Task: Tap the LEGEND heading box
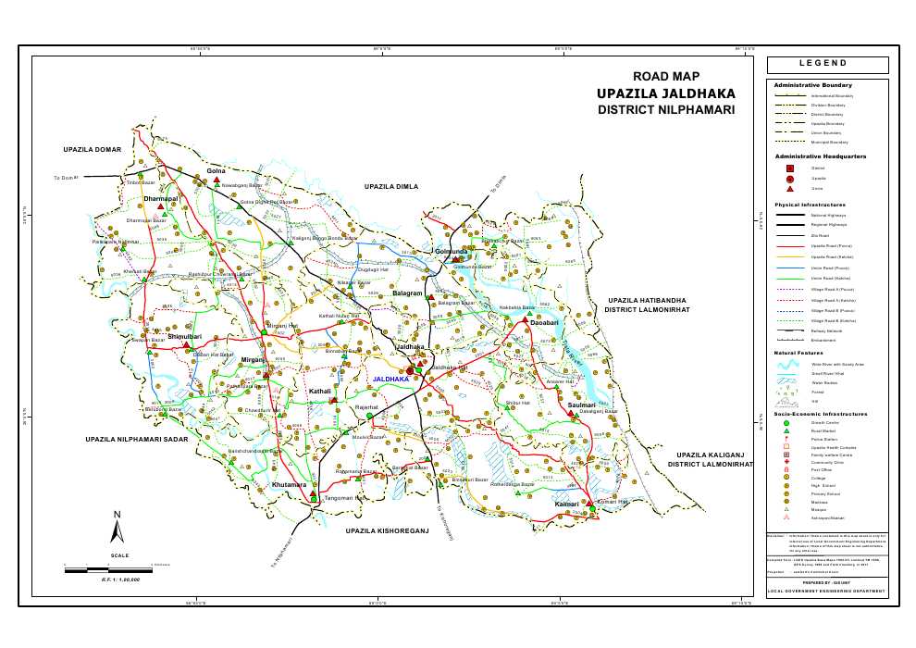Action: (826, 65)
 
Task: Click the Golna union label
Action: (217, 171)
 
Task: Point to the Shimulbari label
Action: (185, 337)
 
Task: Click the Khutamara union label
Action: (290, 484)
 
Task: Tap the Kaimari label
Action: (566, 504)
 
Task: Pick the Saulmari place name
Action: (582, 405)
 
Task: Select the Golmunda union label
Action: (452, 251)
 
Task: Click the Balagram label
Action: (407, 293)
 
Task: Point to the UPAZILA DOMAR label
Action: (93, 149)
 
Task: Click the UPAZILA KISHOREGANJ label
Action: (388, 531)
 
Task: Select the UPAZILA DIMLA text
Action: (393, 186)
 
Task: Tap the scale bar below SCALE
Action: (106, 568)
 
